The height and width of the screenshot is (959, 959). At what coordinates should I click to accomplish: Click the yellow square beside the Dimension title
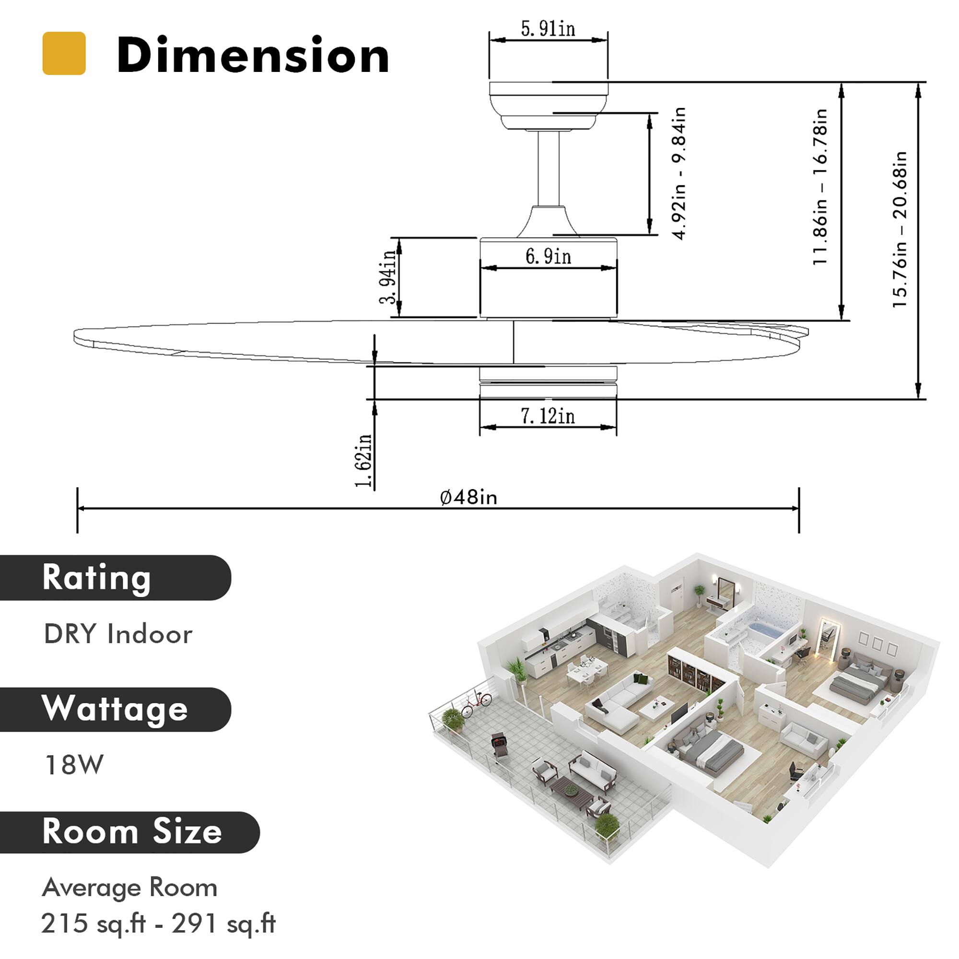(x=64, y=53)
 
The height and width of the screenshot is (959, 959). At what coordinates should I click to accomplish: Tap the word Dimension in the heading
(x=253, y=56)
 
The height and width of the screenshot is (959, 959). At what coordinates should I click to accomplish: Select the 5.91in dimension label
(x=548, y=29)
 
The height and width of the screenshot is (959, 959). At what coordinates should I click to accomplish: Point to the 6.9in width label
(x=548, y=257)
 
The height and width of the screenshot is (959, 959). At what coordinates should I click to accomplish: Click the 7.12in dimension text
(x=548, y=416)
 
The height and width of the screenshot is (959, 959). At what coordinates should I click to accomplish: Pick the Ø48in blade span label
(x=468, y=497)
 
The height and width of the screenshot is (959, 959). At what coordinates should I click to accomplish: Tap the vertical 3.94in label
(x=389, y=276)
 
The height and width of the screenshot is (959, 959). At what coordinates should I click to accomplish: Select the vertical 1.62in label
(x=364, y=461)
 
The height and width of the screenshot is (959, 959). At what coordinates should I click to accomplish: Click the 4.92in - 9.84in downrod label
(x=678, y=173)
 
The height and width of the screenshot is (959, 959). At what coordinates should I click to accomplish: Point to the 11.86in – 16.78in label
(x=820, y=187)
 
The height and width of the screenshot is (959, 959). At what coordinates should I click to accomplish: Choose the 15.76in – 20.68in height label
(x=900, y=229)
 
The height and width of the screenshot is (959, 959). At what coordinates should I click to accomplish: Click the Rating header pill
(x=114, y=578)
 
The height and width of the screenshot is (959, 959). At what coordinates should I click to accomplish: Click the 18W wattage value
(x=73, y=765)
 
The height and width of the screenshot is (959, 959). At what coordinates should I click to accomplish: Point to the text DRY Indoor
(x=118, y=634)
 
